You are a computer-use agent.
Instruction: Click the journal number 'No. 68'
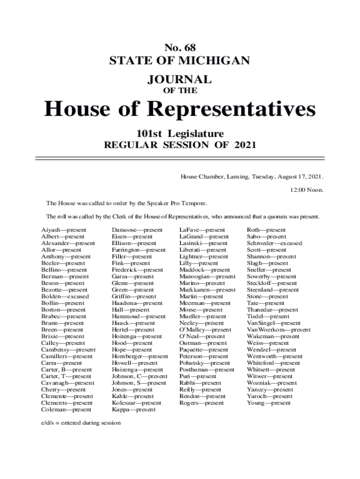[180, 47]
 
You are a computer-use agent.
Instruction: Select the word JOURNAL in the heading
[180, 79]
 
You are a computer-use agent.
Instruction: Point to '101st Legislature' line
[180, 133]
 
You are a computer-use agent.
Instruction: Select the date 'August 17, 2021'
[300, 177]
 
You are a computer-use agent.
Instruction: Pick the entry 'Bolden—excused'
[64, 297]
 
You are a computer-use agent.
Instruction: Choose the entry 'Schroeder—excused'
[274, 243]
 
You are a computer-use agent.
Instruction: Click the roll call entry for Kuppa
[133, 410]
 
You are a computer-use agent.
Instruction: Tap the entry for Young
[269, 403]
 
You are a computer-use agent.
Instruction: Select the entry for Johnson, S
[139, 383]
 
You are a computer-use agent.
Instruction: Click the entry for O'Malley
[205, 330]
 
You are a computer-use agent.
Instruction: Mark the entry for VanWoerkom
[278, 330]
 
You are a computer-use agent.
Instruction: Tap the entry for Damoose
[137, 230]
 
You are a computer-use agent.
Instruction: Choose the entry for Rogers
[202, 403]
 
